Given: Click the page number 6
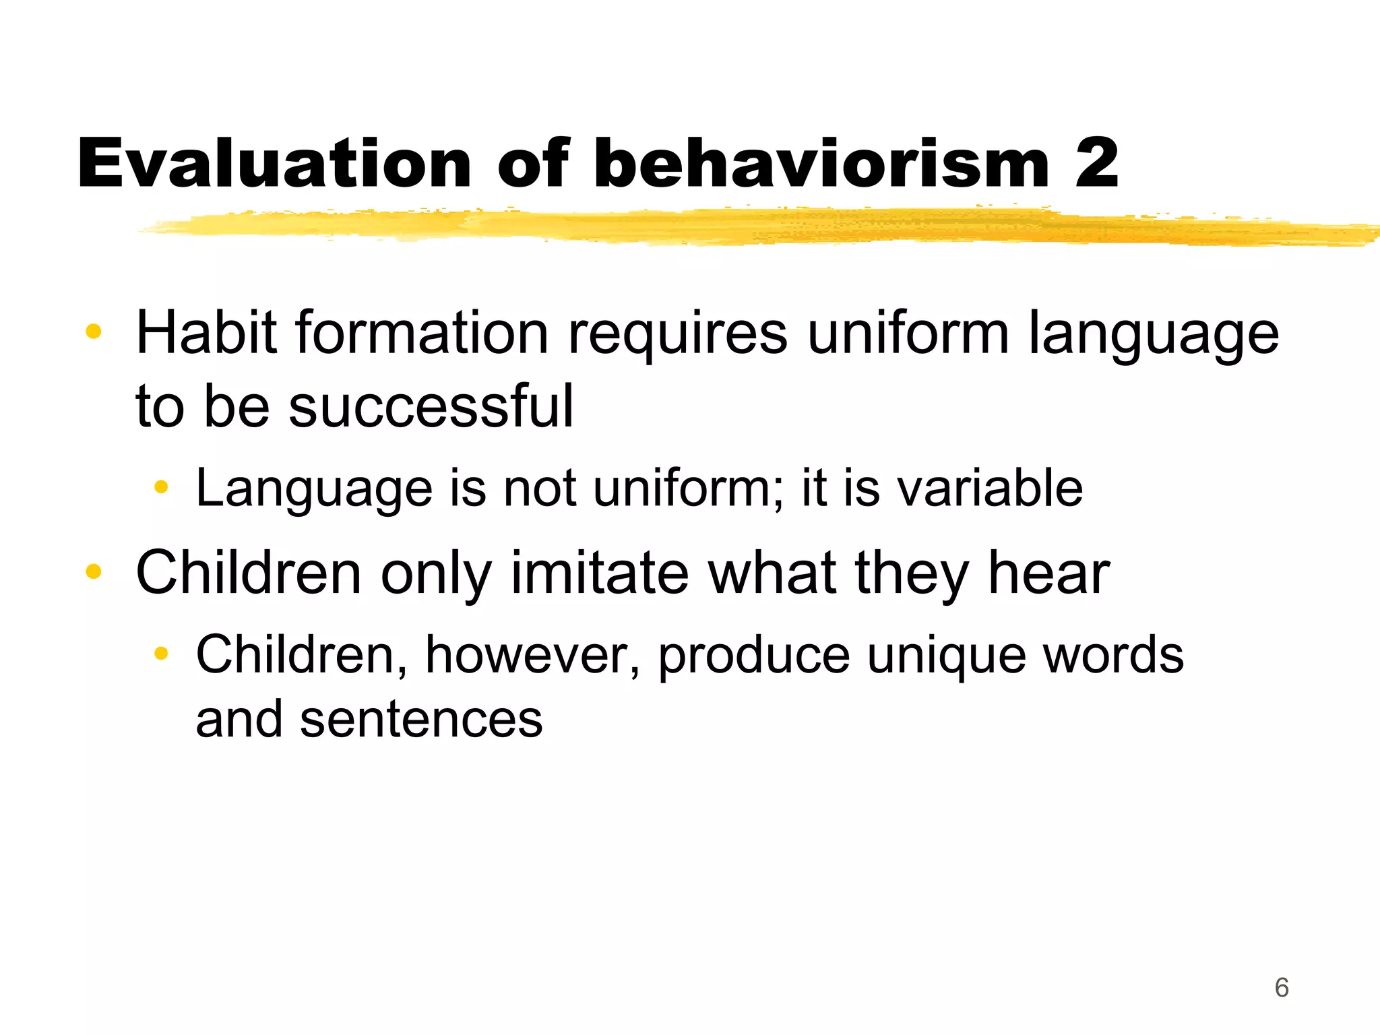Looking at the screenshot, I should (1282, 988).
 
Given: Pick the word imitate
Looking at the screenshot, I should (600, 573).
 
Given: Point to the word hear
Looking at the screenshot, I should (1048, 573).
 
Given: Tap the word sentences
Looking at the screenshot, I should (421, 720).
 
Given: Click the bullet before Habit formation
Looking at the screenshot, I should (94, 332).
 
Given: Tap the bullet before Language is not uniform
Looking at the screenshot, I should (160, 487).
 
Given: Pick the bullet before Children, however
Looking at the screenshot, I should (160, 653).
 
